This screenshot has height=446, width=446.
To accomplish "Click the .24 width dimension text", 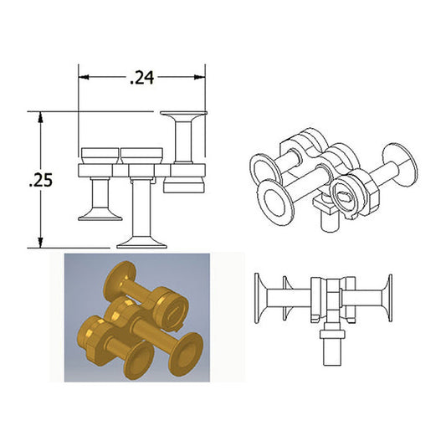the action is pos(141,78).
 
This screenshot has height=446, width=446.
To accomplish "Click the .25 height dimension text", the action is pos(41,180).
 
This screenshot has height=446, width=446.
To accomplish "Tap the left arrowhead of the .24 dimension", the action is pos(84,77).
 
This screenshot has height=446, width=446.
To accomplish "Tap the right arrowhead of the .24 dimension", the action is pos(200,77).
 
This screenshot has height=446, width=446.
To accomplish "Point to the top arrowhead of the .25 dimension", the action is pos(41,116).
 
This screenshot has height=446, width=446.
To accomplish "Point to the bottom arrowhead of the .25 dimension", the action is pos(41,243).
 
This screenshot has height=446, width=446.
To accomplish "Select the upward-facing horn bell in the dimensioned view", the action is pos(184,115).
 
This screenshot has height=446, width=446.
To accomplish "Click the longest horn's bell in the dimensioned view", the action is pos(141,244).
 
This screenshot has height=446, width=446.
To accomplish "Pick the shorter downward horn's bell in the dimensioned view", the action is pos(100,216).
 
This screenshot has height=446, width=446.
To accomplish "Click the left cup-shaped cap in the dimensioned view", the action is pos(100,156).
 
